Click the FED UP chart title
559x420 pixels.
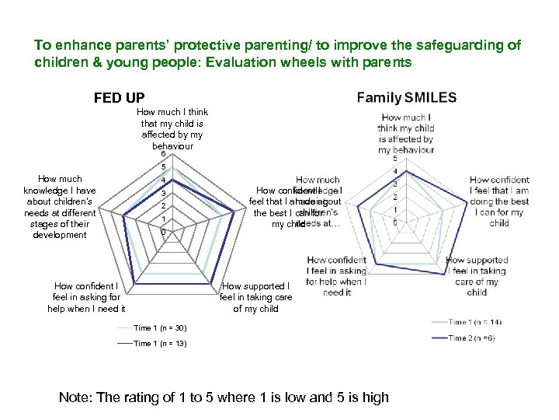click(x=119, y=98)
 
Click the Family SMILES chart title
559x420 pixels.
click(x=407, y=97)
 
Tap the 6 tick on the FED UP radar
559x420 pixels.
click(x=163, y=153)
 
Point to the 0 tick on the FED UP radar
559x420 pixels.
click(x=163, y=233)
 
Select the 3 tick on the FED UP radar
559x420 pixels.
click(x=163, y=193)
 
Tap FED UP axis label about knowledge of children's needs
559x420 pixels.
click(x=60, y=207)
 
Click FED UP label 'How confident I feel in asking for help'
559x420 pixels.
click(x=86, y=298)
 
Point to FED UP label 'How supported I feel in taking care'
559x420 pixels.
click(x=255, y=298)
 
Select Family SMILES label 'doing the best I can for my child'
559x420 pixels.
click(x=499, y=201)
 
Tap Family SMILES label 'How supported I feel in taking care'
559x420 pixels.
click(x=477, y=276)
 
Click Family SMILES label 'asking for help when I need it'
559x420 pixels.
click(x=335, y=276)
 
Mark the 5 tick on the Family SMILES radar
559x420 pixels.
click(x=396, y=159)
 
